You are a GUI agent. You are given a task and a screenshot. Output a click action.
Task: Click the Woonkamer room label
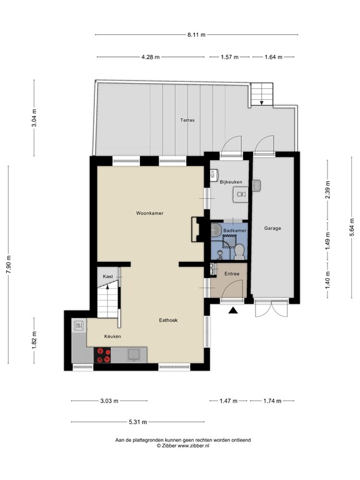149,213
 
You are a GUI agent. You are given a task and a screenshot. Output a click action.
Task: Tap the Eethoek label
167,320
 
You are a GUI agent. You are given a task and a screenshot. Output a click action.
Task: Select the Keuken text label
112,337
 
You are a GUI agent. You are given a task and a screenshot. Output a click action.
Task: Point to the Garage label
272,228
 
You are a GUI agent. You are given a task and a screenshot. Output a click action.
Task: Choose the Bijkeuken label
230,181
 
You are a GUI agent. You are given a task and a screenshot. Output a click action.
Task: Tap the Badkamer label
235,231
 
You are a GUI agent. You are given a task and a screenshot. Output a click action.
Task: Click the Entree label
232,273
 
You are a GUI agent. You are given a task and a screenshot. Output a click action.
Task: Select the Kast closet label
108,276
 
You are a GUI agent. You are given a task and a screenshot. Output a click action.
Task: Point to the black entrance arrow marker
234,310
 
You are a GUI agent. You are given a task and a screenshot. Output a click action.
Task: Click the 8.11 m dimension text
196,35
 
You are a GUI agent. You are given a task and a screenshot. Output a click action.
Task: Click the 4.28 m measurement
151,57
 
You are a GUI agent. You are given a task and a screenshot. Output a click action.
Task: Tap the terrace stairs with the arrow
261,94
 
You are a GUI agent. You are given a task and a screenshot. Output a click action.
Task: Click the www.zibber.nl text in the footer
190,446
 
